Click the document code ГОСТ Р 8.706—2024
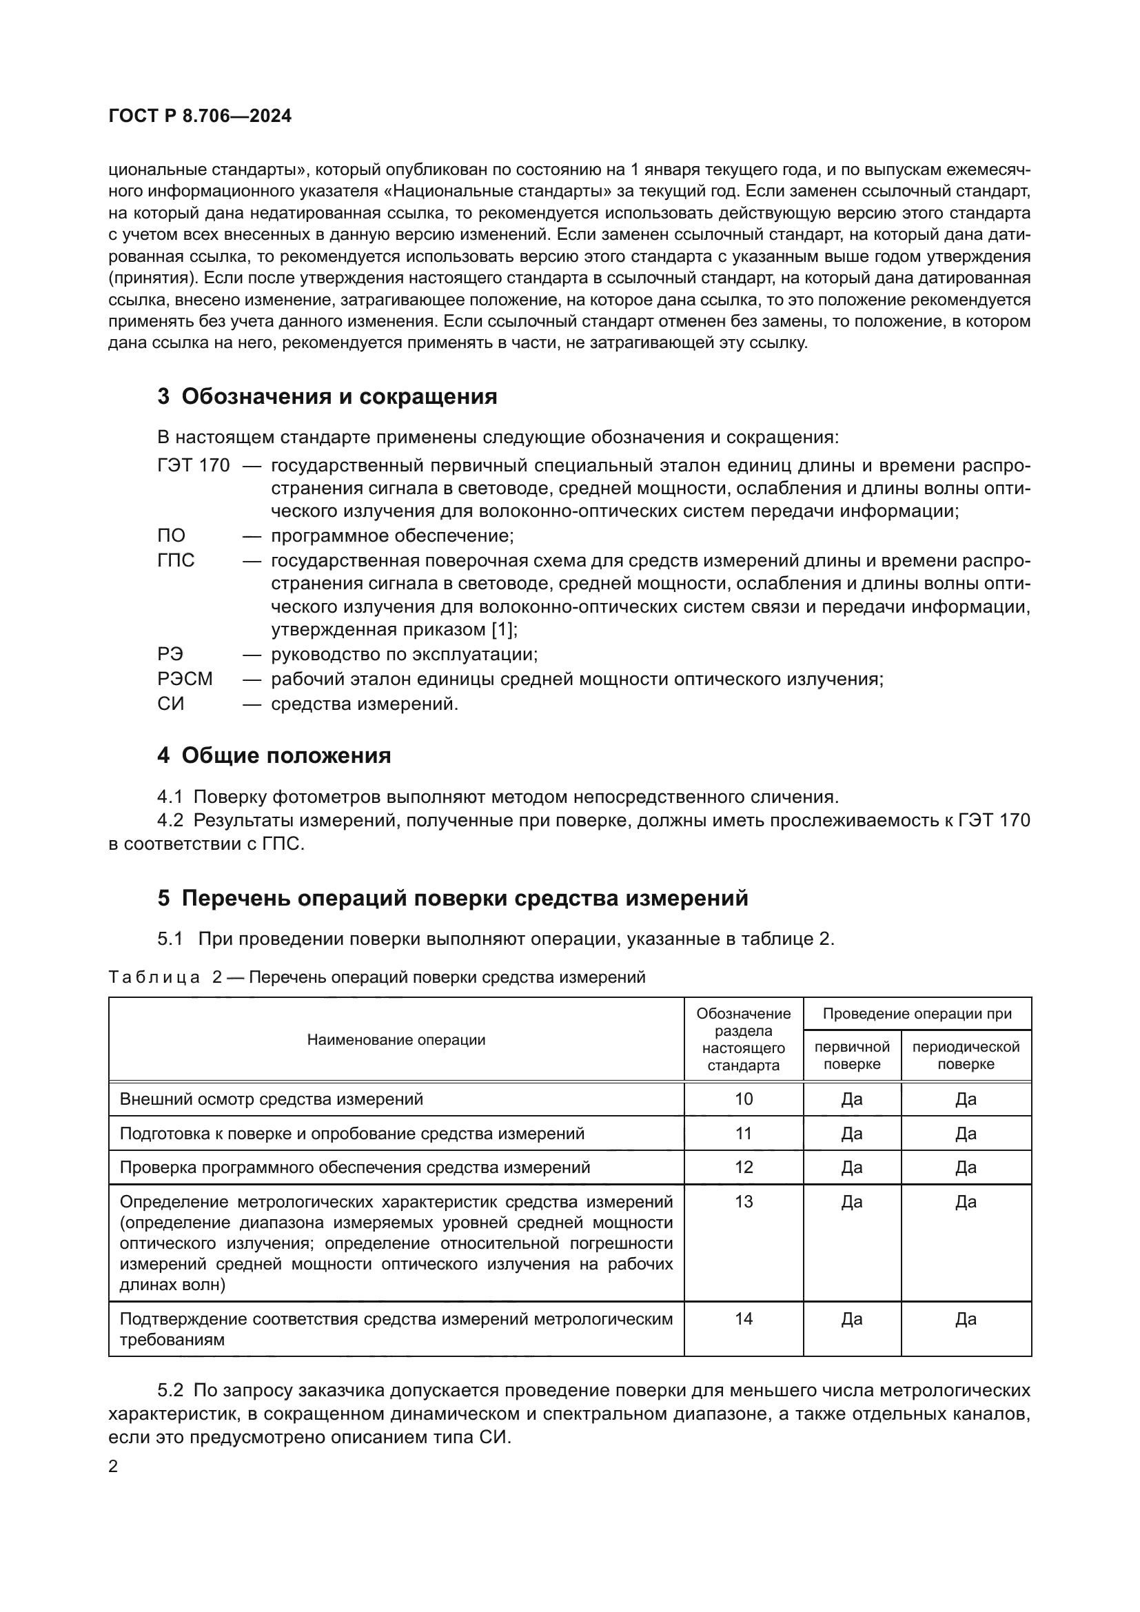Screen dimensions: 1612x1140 (200, 116)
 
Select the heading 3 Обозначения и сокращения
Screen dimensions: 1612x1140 (327, 397)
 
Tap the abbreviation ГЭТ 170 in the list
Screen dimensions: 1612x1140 (193, 465)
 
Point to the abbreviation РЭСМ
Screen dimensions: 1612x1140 (185, 679)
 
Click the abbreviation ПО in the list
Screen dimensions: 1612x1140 (172, 535)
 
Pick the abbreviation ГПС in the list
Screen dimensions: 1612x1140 (176, 560)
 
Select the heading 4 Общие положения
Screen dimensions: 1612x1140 (274, 755)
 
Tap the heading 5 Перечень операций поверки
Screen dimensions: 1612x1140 (453, 898)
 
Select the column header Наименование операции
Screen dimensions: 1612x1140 (396, 1040)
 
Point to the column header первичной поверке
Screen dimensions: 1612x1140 (851, 1055)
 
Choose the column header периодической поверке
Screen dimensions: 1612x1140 (965, 1055)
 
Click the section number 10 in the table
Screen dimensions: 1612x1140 (744, 1099)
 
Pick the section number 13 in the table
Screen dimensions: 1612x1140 (744, 1202)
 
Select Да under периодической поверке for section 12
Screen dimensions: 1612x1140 (965, 1167)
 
